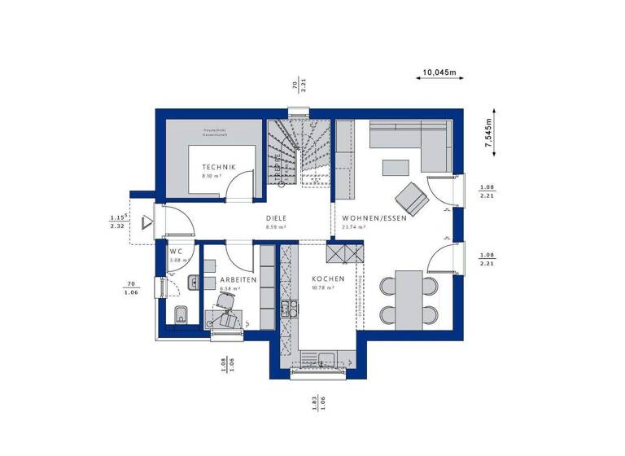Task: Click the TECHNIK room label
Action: pyautogui.click(x=218, y=167)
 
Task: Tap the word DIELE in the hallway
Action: pyautogui.click(x=277, y=218)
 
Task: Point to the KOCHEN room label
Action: pyautogui.click(x=328, y=278)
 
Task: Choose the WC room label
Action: pyautogui.click(x=176, y=252)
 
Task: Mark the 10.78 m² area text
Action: pyautogui.click(x=324, y=288)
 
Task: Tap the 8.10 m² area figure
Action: pyautogui.click(x=212, y=176)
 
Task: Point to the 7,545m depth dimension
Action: pyautogui.click(x=487, y=129)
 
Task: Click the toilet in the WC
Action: pyautogui.click(x=180, y=314)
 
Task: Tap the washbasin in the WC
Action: pyautogui.click(x=193, y=283)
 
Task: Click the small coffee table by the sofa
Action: pyautogui.click(x=396, y=167)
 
